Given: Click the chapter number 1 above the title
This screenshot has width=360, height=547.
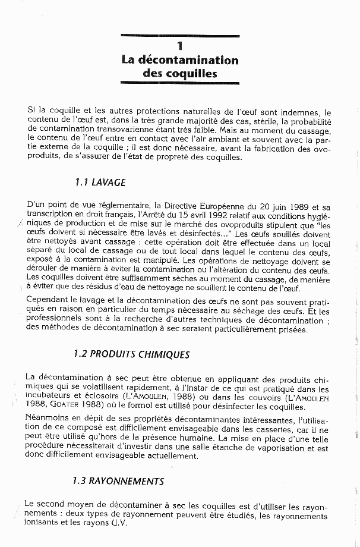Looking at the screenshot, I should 180,46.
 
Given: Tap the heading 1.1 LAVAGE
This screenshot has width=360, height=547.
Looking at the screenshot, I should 100,183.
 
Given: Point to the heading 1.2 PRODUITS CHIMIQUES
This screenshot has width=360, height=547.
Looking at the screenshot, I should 132,354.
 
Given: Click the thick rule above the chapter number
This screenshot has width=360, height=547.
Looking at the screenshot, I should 180,36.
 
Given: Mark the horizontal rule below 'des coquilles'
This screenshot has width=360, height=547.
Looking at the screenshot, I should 180,83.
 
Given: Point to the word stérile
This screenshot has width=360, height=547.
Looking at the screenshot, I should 270,121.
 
